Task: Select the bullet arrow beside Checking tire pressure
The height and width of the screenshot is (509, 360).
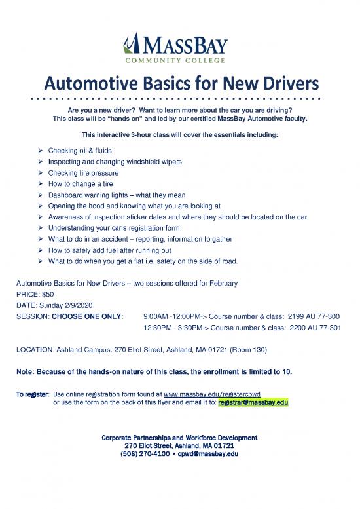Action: click(41, 172)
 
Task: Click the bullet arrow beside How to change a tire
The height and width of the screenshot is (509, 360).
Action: click(41, 183)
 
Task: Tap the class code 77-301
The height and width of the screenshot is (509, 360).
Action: click(329, 328)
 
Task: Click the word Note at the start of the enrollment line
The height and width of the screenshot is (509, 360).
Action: click(24, 372)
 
